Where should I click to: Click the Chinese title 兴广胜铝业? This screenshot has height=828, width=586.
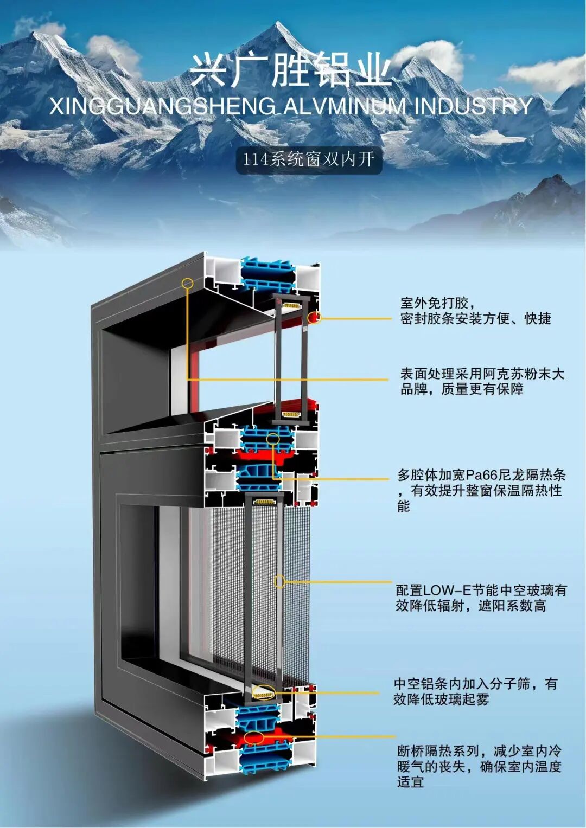coord(291,70)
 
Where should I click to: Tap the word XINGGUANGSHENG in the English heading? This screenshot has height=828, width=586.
coord(162,106)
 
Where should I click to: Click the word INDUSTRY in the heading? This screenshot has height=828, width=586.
coord(473,106)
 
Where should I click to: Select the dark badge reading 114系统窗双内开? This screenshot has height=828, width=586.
coord(308,159)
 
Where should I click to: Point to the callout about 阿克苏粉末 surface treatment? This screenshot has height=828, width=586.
coord(482,381)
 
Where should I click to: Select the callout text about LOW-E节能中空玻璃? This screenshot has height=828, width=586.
coord(481,598)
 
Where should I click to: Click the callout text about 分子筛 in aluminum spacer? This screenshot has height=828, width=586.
coord(475,691)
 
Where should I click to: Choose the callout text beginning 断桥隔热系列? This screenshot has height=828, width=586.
coord(479,766)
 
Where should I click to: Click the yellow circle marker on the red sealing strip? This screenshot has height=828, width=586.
coord(315,318)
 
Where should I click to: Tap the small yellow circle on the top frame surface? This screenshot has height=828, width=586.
coord(187,283)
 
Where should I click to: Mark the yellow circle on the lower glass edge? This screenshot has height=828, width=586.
coord(280,582)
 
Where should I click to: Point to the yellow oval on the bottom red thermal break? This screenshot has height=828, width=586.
coord(254,737)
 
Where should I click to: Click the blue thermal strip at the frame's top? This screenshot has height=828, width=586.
coord(267,274)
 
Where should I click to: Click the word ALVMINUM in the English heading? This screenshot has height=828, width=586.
coord(345,106)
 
